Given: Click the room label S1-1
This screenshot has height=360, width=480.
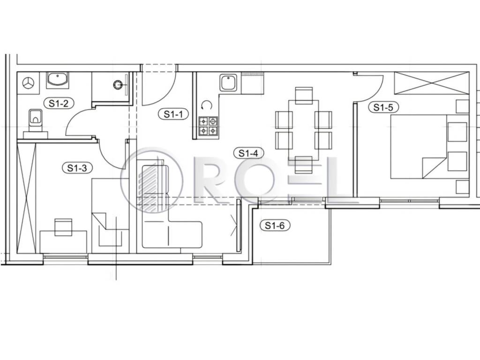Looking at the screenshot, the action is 173,114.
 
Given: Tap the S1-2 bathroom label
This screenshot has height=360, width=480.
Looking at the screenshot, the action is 59,103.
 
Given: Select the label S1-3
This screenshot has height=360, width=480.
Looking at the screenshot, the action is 77,168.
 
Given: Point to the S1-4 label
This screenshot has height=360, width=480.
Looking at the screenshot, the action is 248,153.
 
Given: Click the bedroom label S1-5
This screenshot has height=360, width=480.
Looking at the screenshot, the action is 383,107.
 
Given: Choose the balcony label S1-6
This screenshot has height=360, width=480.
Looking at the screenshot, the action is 275,225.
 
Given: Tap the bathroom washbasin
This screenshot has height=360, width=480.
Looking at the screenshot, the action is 58,80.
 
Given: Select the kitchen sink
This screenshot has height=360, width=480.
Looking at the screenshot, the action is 229,82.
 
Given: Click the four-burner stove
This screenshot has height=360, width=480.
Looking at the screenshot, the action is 208,127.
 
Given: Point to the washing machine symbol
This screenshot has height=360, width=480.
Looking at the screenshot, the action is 28,83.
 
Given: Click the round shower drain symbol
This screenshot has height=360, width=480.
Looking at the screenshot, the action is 117,84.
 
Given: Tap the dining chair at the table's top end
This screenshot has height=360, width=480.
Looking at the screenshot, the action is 304,95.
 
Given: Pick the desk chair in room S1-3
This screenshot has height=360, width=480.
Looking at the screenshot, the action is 63,227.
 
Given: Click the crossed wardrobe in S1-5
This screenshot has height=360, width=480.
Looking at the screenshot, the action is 432,83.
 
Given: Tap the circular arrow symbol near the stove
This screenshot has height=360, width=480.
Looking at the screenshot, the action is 207,105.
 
